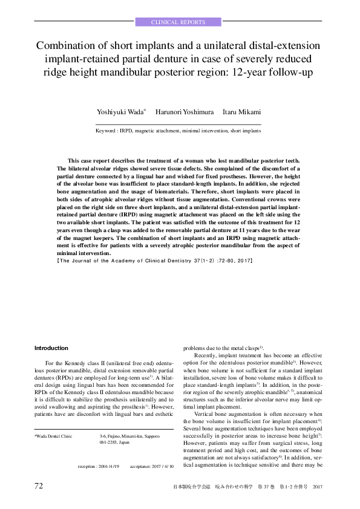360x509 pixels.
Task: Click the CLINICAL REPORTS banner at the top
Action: [180, 22]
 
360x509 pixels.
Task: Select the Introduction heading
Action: [51, 348]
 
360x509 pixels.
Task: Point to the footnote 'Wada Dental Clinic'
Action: [54, 435]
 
